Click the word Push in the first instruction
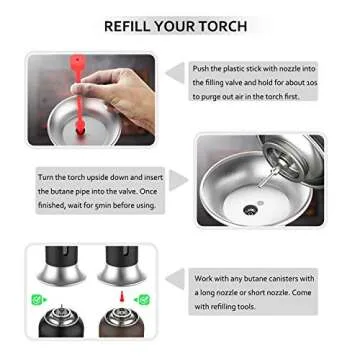pos(203,67)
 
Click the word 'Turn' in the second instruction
pos(47,175)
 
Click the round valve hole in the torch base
pos(250,211)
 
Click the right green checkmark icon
pos(143,299)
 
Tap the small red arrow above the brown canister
pos(120,297)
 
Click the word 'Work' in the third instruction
pos(204,278)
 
